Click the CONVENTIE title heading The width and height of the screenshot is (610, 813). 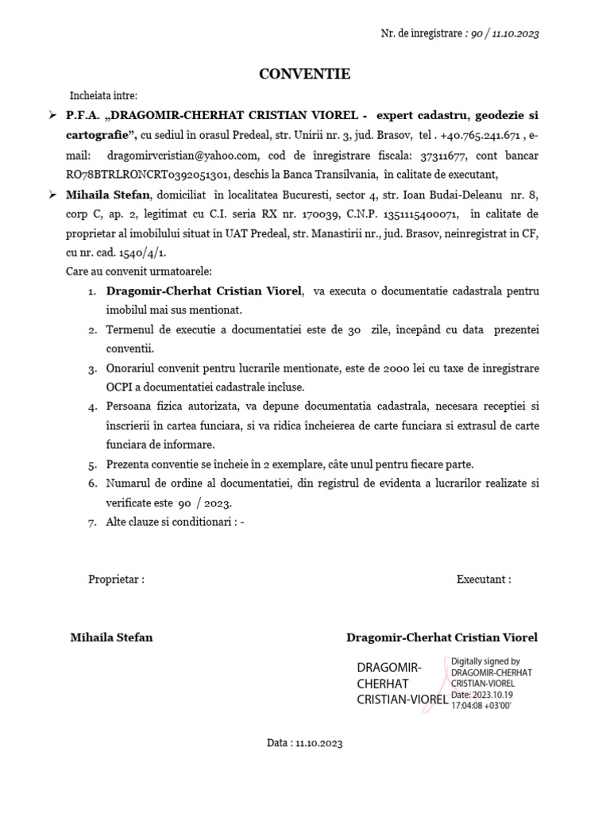click(304, 75)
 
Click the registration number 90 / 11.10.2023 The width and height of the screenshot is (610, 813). click(504, 33)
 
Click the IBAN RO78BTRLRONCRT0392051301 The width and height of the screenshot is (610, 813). click(147, 175)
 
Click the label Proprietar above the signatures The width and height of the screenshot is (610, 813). click(116, 580)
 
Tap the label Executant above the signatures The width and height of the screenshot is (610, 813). click(484, 580)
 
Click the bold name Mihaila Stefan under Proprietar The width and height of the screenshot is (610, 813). click(111, 638)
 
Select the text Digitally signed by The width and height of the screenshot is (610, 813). click(485, 661)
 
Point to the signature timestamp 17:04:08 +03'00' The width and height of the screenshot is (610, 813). click(483, 705)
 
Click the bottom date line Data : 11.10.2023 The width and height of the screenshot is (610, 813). click(304, 744)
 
